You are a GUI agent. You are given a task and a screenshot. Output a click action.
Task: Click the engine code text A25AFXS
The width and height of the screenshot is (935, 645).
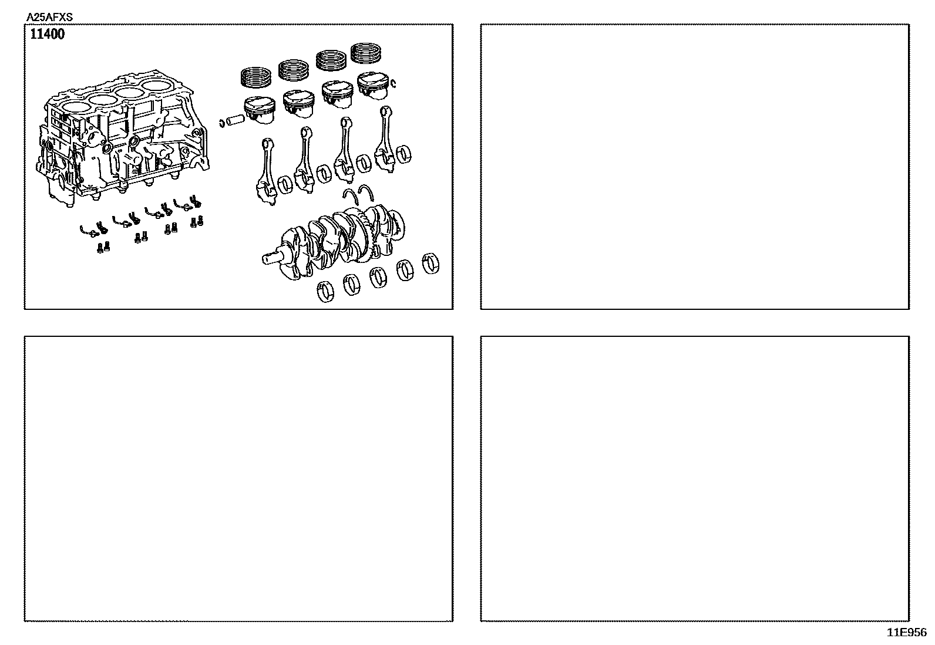(x=49, y=17)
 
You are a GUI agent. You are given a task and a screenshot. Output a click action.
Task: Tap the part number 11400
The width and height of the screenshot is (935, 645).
(x=47, y=34)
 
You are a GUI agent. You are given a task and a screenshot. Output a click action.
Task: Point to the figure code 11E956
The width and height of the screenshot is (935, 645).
(x=907, y=633)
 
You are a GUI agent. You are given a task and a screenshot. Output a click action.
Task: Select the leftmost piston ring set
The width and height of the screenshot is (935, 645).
(x=256, y=77)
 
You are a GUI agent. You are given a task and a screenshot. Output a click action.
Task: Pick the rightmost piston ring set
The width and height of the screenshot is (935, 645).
(x=366, y=53)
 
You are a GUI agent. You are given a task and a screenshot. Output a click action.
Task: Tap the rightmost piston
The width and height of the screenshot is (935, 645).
(x=373, y=86)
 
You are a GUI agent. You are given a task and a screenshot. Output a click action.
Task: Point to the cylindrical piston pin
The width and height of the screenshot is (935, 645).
(x=236, y=119)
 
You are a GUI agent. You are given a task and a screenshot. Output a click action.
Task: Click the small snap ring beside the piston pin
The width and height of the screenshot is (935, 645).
(x=221, y=123)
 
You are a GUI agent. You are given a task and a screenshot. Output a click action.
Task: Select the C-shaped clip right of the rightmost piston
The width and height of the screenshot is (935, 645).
(x=393, y=83)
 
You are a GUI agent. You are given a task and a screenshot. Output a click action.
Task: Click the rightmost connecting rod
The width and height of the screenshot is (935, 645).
(x=385, y=139)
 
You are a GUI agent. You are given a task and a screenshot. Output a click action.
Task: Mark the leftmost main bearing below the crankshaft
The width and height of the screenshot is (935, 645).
(x=325, y=292)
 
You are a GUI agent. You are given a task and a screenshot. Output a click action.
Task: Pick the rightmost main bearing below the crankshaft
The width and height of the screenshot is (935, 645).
(x=430, y=264)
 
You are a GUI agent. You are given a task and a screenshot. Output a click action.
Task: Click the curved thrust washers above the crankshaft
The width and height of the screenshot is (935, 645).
(x=358, y=194)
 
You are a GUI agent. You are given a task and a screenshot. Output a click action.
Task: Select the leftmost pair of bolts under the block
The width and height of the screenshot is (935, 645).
(x=103, y=247)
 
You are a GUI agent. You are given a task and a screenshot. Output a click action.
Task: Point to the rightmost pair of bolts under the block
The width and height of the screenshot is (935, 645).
(x=197, y=221)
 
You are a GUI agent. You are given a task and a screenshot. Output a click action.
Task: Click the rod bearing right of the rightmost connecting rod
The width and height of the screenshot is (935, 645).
(x=403, y=154)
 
